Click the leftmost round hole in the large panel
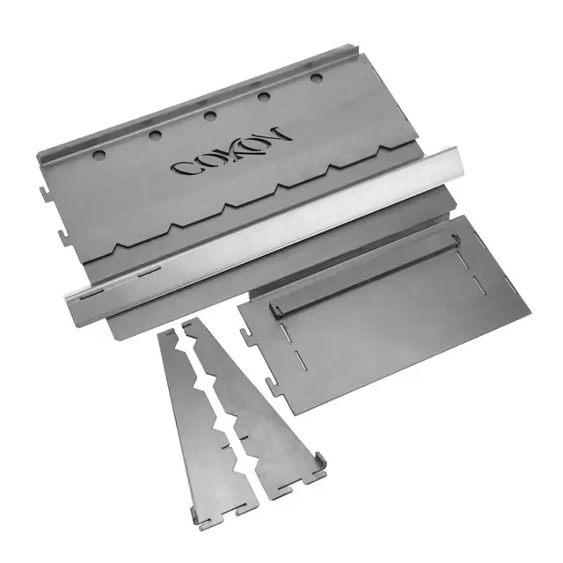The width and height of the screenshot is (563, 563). click(99, 155)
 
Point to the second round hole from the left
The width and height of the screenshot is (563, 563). click(155, 135)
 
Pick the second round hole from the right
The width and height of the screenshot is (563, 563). click(264, 96)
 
